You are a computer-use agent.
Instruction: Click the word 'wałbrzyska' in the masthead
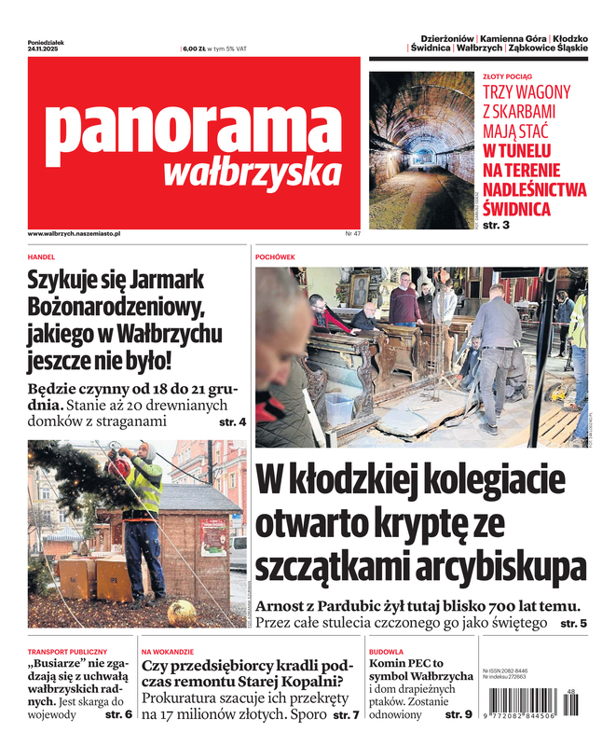(252, 173)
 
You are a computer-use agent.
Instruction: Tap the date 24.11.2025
(43, 48)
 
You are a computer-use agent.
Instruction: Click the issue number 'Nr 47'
(352, 233)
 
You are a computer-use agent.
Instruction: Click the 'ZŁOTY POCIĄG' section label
(507, 77)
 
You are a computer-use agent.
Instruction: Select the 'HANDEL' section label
(42, 256)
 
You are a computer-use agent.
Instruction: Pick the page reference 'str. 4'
(232, 422)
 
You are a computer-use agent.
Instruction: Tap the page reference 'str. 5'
(573, 622)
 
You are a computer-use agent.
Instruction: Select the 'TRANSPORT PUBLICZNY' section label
(67, 651)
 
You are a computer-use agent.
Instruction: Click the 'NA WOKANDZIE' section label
(168, 651)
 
